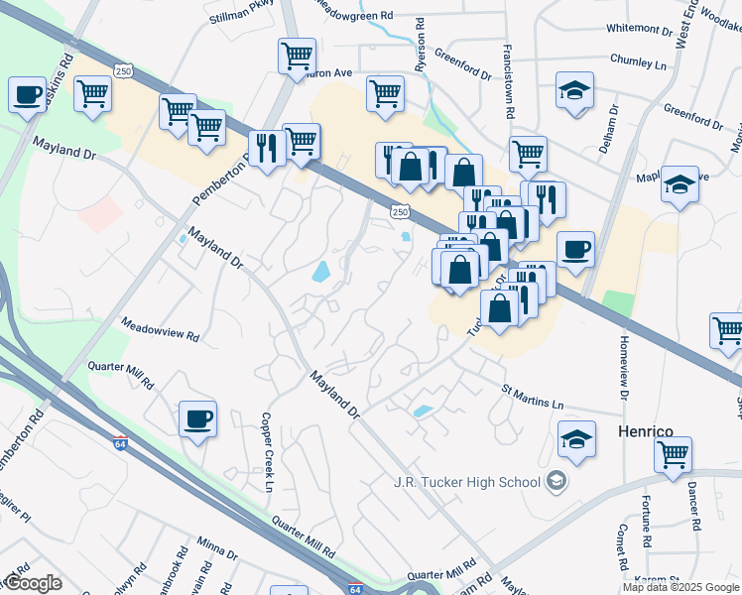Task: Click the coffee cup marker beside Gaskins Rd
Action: coord(27,95)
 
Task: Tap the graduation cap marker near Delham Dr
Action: coord(574,91)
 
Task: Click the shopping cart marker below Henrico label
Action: coord(673,455)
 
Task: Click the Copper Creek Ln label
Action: coord(266,452)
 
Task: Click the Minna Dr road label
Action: coord(217,547)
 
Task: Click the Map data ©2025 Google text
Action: coord(680,586)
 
